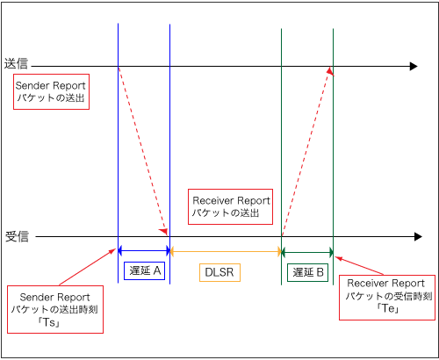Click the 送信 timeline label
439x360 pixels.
[x=16, y=64]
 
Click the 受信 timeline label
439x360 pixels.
[x=17, y=236]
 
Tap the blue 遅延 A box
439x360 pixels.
[x=144, y=270]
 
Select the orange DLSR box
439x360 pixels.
[x=219, y=272]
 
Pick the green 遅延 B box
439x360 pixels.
[x=307, y=272]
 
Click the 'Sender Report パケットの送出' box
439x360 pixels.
[x=51, y=91]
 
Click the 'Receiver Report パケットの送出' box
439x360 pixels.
[x=230, y=206]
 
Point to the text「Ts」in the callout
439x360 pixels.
[x=49, y=322]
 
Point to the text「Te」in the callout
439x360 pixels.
[x=387, y=308]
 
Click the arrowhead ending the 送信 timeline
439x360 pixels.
[x=414, y=67]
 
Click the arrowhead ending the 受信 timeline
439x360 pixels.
[x=418, y=237]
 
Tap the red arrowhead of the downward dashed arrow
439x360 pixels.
[x=164, y=232]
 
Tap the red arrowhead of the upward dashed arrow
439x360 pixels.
[x=330, y=71]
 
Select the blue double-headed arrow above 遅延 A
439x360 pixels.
[x=144, y=251]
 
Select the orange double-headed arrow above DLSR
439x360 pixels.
[x=226, y=251]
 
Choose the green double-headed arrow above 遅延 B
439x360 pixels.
[x=307, y=252]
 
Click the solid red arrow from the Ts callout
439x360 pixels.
[x=88, y=267]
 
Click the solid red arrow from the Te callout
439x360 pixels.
[x=359, y=266]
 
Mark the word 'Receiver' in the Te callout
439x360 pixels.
[x=367, y=284]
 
